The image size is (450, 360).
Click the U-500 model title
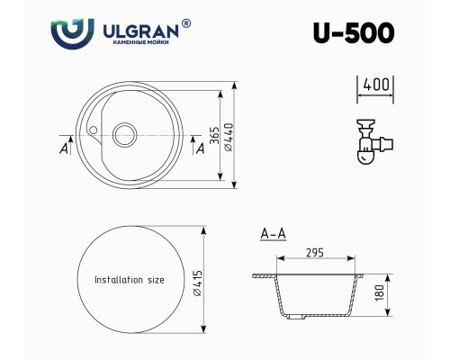(x=354, y=32)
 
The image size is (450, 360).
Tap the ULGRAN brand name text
(x=140, y=31)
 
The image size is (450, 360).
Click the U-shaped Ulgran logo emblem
(x=72, y=33)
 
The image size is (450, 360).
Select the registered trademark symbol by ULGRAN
(x=186, y=23)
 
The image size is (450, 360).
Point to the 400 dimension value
(x=376, y=85)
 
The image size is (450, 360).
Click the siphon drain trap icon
(x=374, y=141)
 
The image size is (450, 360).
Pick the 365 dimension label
(x=214, y=135)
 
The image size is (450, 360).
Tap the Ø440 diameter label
(x=229, y=137)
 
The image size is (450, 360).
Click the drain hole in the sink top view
(x=124, y=135)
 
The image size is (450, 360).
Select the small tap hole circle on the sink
(x=94, y=130)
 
